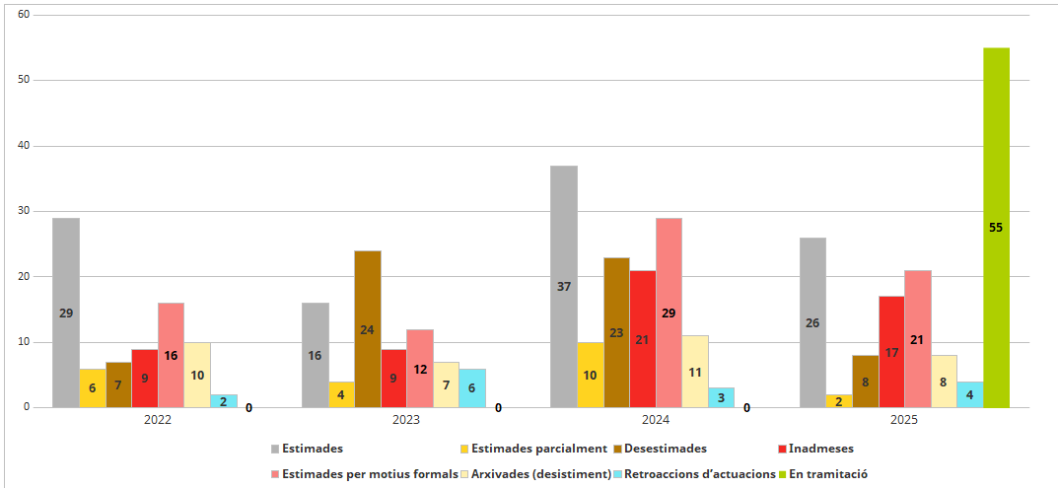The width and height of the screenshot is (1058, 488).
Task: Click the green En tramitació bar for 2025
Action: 996,227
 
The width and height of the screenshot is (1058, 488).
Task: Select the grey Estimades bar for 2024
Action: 564,286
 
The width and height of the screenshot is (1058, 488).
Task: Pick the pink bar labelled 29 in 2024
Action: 669,313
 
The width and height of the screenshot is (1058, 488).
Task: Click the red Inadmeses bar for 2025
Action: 891,351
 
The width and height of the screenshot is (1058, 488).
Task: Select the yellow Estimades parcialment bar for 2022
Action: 93,387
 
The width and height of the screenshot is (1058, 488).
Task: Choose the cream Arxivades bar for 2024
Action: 694,372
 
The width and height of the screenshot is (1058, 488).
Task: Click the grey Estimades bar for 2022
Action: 66,313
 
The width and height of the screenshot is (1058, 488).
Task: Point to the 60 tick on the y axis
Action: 25,15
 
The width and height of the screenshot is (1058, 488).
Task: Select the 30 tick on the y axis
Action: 25,211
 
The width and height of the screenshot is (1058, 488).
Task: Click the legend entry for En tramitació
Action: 822,474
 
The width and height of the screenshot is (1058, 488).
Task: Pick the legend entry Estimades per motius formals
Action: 364,474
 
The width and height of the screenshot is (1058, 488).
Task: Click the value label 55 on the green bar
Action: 996,228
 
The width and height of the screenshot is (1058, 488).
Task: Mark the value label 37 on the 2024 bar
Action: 564,287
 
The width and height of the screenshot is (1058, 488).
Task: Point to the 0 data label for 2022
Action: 248,407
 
